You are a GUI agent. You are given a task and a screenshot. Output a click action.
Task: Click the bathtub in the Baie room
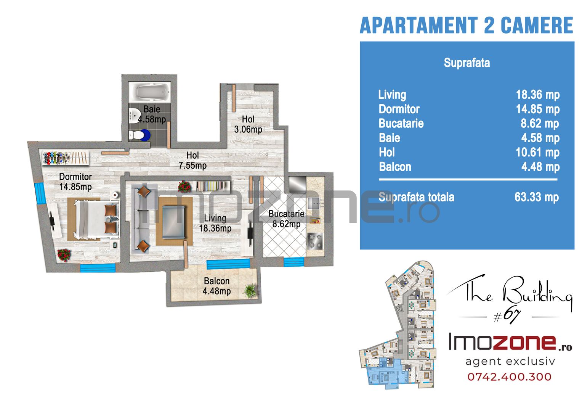pos(150,92)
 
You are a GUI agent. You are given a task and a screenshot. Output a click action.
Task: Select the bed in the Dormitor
pos(97,219)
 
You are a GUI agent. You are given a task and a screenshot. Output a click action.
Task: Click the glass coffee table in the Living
pos(173,222)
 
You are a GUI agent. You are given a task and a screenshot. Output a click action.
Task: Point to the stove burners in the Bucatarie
pos(315,241)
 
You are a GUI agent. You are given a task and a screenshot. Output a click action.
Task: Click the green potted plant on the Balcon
pos(250,290)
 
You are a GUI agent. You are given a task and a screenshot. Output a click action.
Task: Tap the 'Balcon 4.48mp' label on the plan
pos(217,286)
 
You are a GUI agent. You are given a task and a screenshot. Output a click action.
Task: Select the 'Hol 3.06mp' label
pos(248,124)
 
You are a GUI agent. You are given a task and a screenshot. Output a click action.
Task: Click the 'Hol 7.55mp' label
pos(192,161)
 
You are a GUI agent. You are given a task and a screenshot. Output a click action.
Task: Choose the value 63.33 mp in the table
pos(537,197)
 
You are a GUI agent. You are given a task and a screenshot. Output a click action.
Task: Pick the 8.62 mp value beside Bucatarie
pos(540,124)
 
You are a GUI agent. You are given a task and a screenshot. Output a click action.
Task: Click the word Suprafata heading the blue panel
pos(467,63)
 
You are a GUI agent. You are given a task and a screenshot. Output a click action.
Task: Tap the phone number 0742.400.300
pos(510,377)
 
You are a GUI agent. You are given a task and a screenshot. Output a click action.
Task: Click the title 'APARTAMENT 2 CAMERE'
pos(467,25)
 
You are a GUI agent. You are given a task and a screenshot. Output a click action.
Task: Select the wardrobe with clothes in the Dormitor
pos(66,158)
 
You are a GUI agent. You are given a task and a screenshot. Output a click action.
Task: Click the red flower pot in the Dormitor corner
pos(64,255)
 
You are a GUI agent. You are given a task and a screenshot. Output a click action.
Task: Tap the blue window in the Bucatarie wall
pos(293,262)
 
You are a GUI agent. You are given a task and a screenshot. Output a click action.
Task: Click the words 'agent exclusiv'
pos(510,361)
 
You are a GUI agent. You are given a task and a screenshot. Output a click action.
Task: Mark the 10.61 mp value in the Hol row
pos(537,153)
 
